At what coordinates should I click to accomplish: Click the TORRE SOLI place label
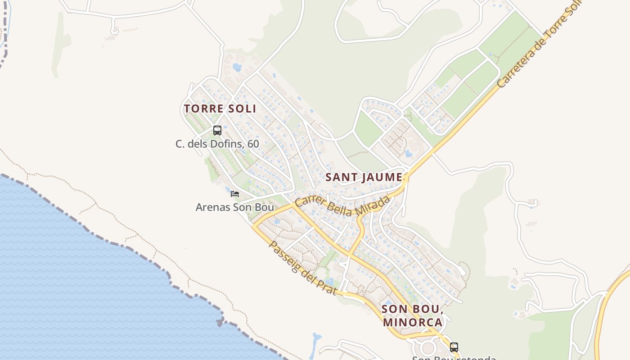coord(220,108)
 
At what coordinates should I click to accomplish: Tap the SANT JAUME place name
coord(364,177)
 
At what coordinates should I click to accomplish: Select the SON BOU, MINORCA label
coord(413,316)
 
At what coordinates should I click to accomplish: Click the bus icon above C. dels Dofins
coord(217,130)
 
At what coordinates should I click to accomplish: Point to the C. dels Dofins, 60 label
coord(217,144)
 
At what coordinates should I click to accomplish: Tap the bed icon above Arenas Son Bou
coord(235,194)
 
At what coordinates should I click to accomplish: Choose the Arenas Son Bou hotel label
coord(235,207)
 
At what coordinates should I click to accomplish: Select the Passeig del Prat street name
coord(302,268)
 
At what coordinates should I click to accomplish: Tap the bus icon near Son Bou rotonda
coord(454,347)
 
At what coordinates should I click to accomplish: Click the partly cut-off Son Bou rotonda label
coord(454,358)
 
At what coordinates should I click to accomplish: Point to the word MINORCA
coord(413,323)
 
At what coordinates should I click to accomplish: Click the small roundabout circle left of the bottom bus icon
coord(427,347)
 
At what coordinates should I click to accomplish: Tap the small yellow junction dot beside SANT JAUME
coord(405,179)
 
